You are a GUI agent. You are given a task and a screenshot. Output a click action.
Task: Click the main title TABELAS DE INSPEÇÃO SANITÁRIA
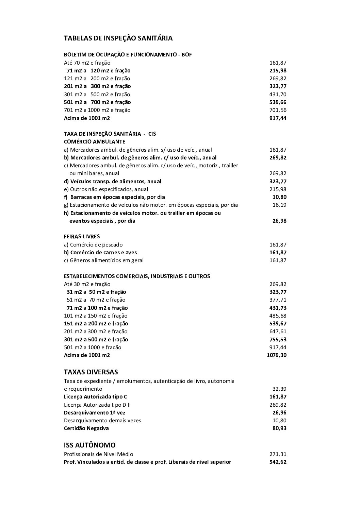tap(118, 38)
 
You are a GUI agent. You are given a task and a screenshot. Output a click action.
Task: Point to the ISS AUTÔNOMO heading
tap(89, 445)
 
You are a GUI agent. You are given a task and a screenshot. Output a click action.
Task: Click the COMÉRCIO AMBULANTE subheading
tap(95, 141)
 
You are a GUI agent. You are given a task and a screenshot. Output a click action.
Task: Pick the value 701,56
tap(278, 110)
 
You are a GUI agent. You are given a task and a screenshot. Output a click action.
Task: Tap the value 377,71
tap(278, 300)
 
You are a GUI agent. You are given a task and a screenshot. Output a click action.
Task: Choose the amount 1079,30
tap(277, 355)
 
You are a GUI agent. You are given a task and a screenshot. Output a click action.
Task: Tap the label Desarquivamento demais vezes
tap(102, 421)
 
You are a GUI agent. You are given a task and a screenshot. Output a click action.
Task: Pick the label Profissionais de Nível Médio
tap(98, 454)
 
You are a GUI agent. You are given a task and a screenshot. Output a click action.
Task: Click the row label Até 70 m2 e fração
tap(87, 63)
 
